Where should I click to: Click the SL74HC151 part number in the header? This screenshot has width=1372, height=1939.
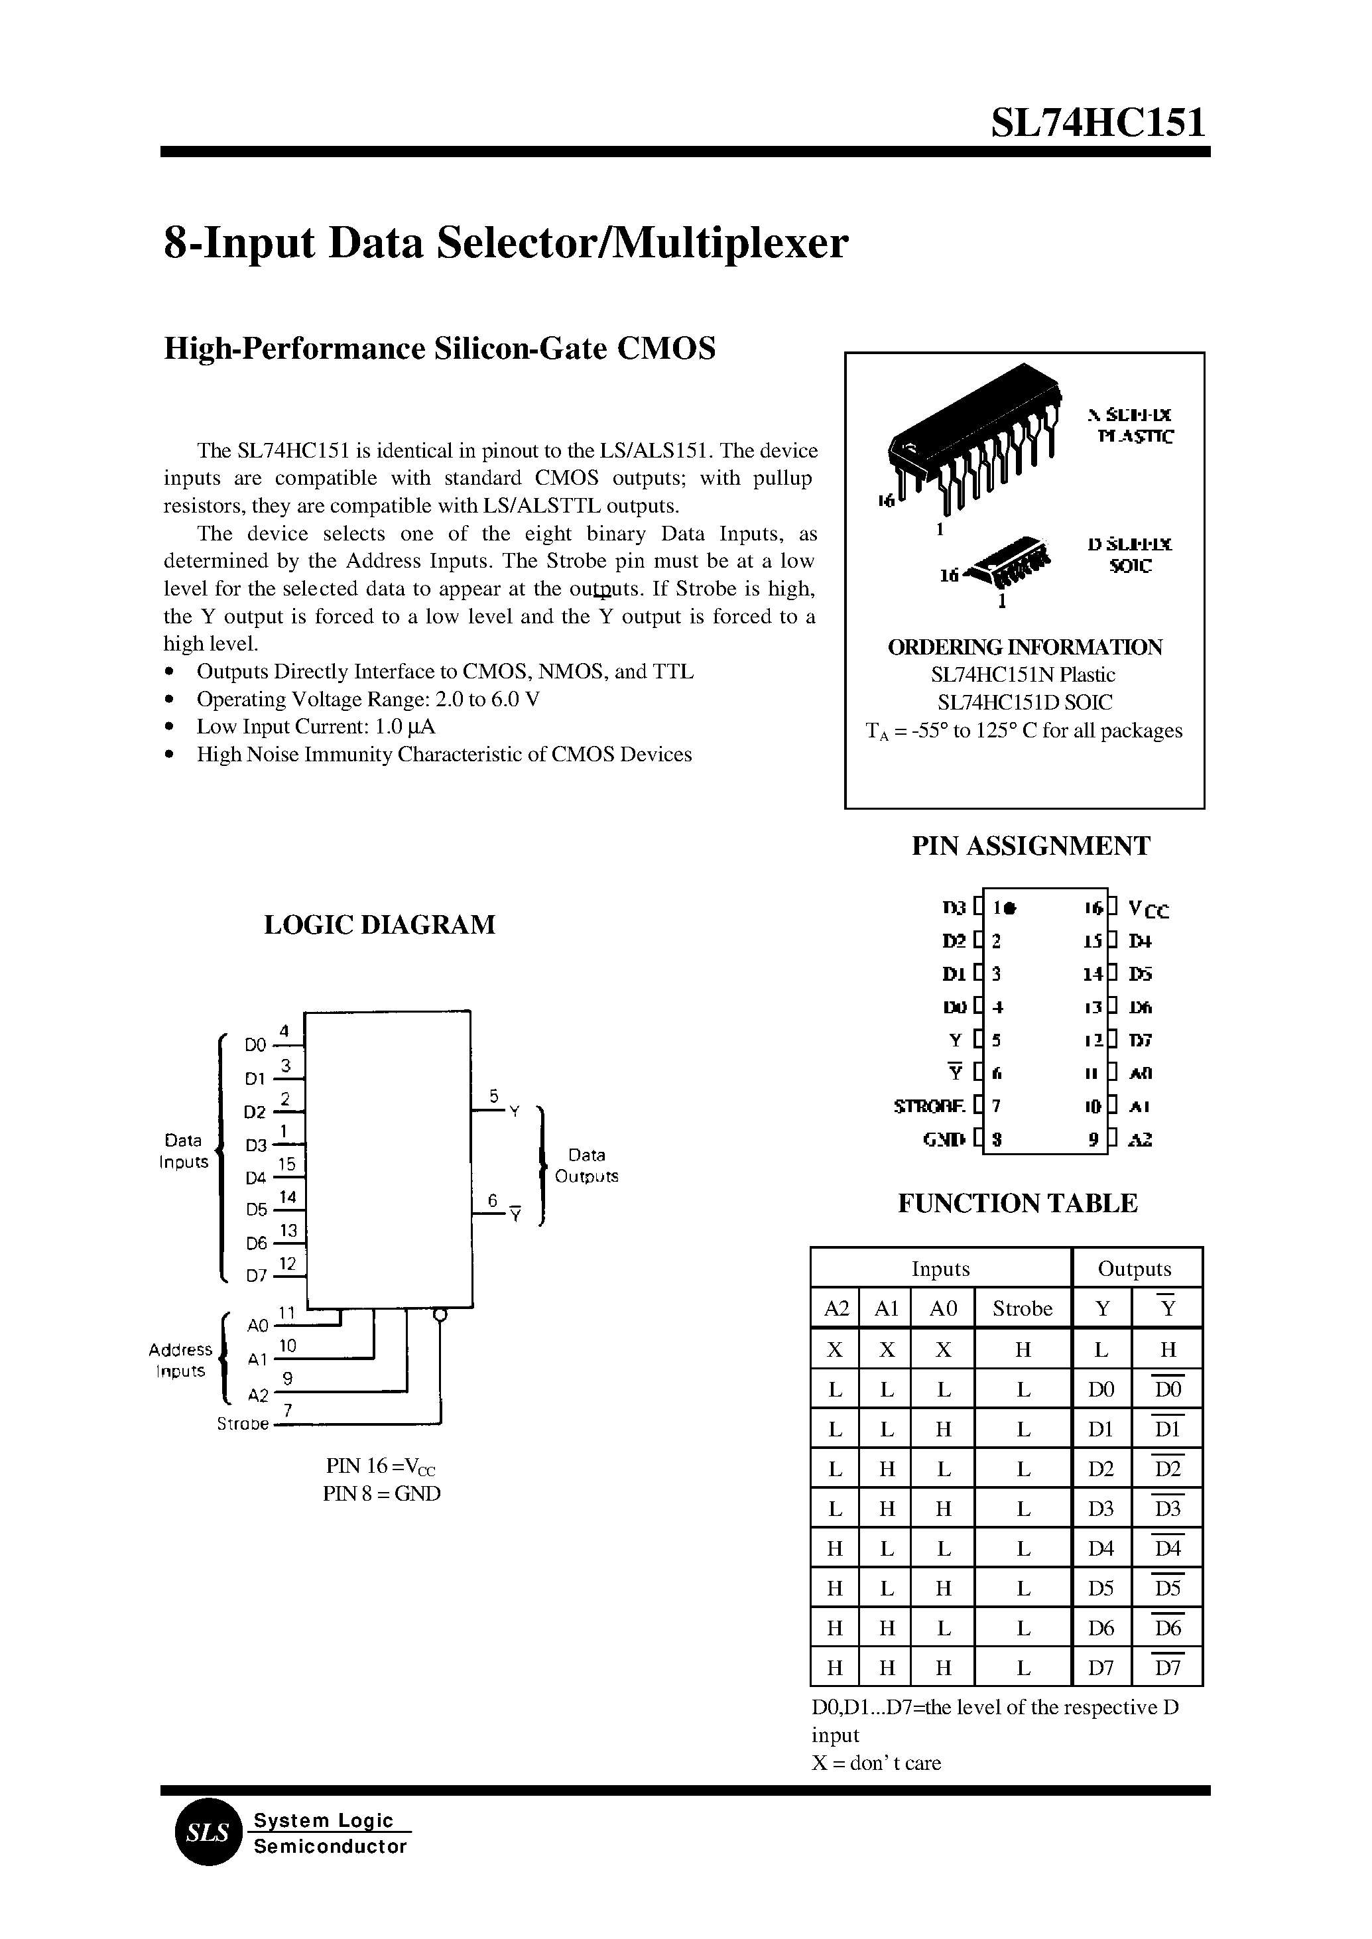(1098, 123)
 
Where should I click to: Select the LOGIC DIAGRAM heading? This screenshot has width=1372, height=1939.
(379, 924)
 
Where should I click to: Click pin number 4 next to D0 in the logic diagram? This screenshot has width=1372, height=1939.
(284, 1031)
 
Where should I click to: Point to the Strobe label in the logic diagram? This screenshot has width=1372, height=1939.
(243, 1424)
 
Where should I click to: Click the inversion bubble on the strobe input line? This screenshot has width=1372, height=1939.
(438, 1314)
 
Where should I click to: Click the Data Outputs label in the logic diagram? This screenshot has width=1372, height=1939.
(586, 1165)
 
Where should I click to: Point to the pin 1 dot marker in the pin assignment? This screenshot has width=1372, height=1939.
(1011, 909)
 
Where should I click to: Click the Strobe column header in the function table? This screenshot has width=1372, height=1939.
(1023, 1309)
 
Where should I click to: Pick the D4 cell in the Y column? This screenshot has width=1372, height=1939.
(1101, 1548)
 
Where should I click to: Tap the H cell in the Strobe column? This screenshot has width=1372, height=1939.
(1023, 1350)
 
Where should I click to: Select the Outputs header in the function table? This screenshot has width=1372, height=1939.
(1134, 1269)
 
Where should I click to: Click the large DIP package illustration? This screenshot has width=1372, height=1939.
(971, 444)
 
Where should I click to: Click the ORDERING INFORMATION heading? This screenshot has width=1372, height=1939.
(1024, 647)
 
